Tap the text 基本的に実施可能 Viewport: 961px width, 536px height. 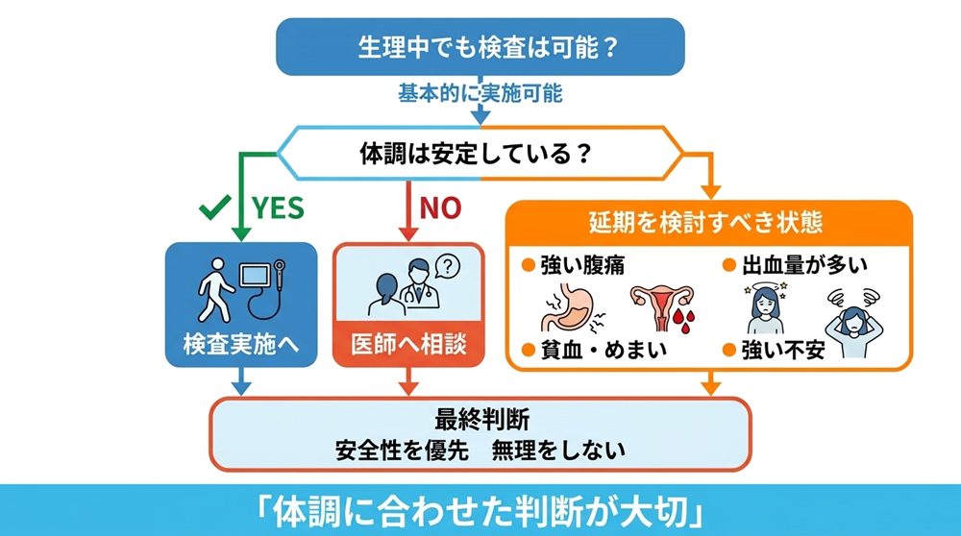pos(480,94)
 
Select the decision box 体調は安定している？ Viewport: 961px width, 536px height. pos(480,154)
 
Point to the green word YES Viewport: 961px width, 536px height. pos(277,207)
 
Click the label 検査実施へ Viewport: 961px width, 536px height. pos(240,344)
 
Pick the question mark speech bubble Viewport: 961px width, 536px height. pos(445,266)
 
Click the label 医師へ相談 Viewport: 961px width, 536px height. pos(408,344)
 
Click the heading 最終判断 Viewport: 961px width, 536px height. pos(480,420)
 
